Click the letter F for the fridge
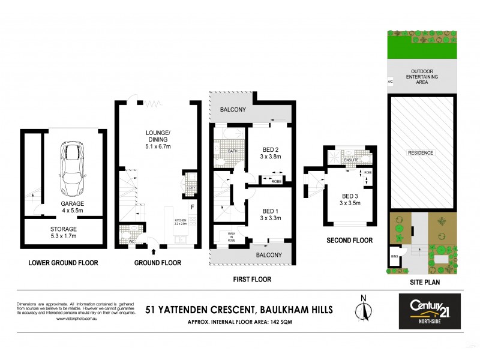[x=192, y=208]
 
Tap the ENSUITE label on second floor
[x=351, y=160]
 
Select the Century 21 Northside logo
[x=430, y=311]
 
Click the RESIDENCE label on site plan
[x=421, y=153]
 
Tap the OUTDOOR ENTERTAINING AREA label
[x=421, y=77]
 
